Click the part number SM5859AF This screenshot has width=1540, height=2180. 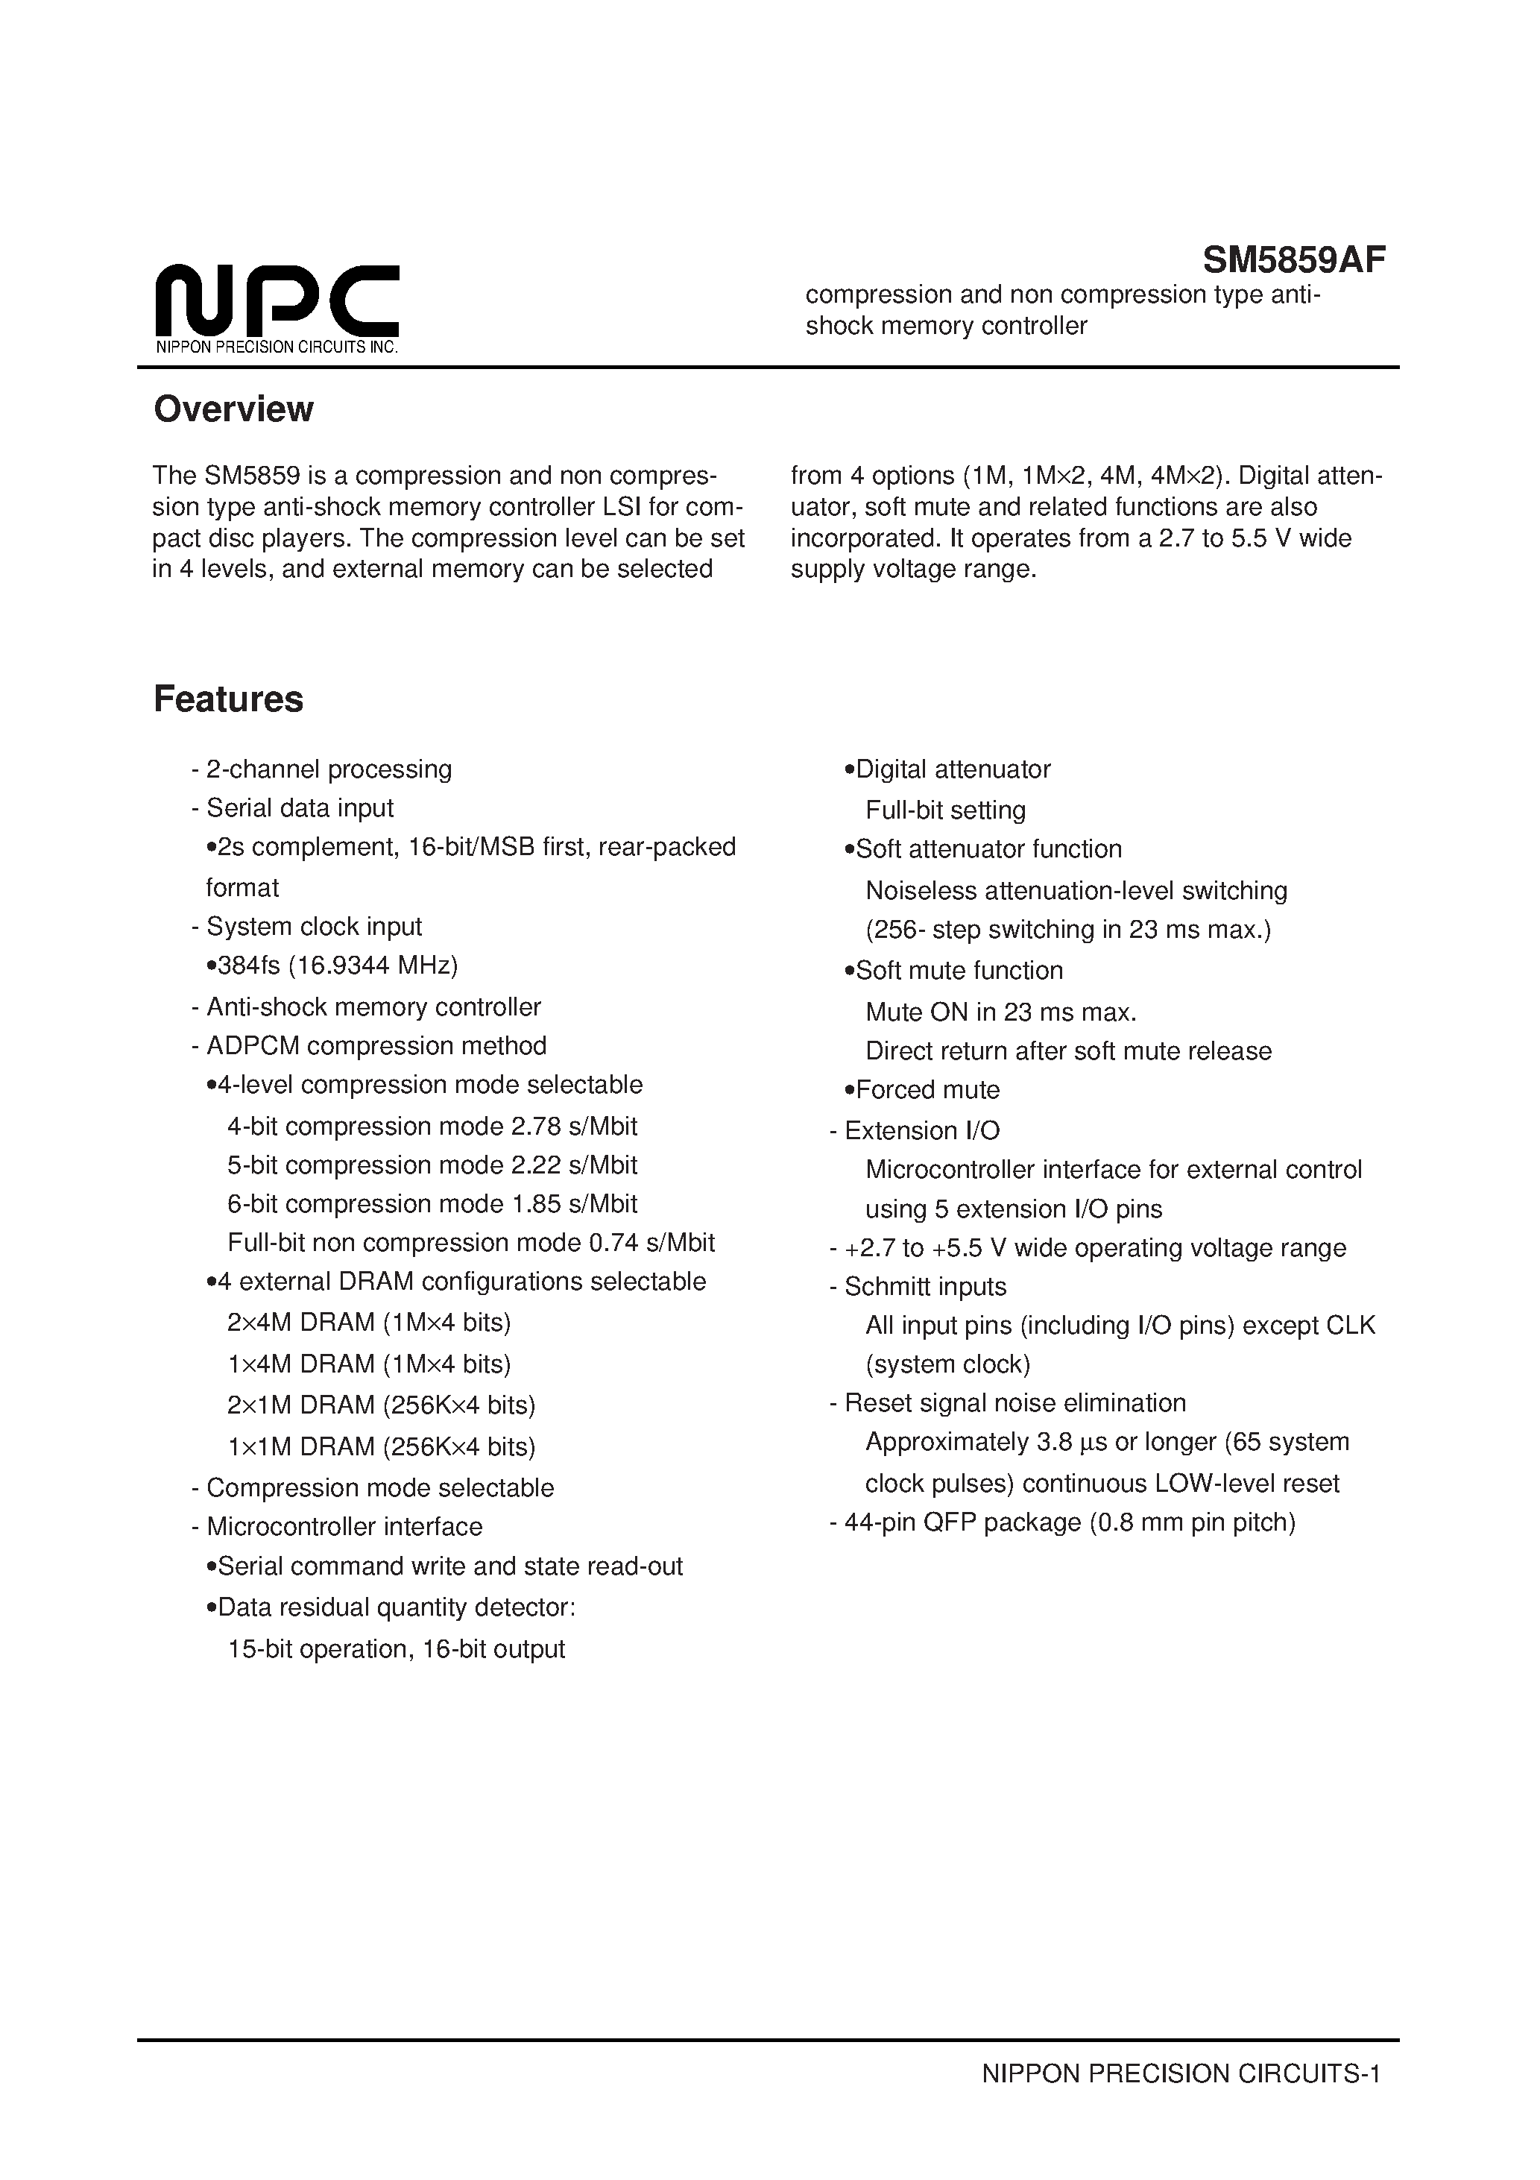1293,259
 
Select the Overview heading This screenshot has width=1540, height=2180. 233,409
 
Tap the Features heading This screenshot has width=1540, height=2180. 229,699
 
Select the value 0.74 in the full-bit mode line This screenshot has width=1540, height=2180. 613,1243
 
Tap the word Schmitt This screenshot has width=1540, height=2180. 883,1287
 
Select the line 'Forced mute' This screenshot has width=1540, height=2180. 927,1089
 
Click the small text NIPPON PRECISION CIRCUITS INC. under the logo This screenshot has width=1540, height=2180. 277,347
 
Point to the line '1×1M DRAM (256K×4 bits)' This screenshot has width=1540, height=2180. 382,1446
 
